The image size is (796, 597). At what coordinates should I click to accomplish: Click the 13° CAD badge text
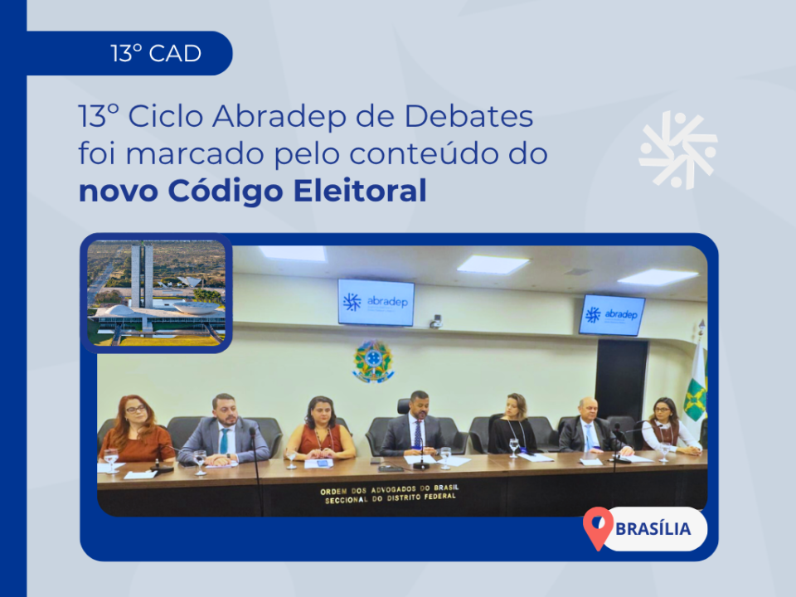pyautogui.click(x=156, y=53)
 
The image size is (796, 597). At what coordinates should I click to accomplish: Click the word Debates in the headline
pyautogui.click(x=468, y=116)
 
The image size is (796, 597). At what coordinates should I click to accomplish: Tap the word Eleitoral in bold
pyautogui.click(x=360, y=191)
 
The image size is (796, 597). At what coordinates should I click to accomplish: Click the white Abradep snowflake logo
pyautogui.click(x=678, y=150)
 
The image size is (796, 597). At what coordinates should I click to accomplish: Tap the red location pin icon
pyautogui.click(x=598, y=528)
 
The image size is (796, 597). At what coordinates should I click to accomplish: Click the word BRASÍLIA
pyautogui.click(x=653, y=529)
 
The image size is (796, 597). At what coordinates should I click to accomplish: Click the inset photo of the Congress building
pyautogui.click(x=157, y=293)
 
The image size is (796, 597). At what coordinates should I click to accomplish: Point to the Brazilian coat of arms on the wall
pyautogui.click(x=373, y=361)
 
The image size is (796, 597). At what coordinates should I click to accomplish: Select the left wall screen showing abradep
pyautogui.click(x=376, y=302)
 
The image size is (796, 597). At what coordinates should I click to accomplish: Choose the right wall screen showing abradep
pyautogui.click(x=612, y=315)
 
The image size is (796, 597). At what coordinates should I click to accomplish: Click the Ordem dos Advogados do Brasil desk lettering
pyautogui.click(x=390, y=493)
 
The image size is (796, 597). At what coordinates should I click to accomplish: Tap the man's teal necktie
pyautogui.click(x=224, y=441)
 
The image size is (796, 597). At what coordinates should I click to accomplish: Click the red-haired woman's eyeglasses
pyautogui.click(x=135, y=409)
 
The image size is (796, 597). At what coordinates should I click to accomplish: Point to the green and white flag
pyautogui.click(x=696, y=388)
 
